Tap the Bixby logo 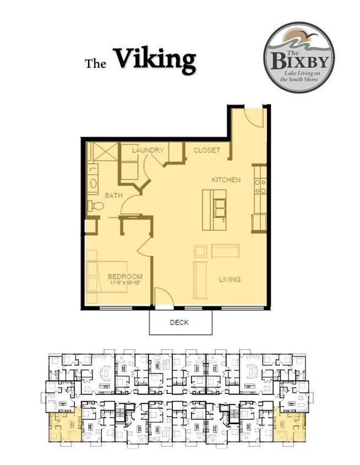click(299, 57)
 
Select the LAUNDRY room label click(148, 150)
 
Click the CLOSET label click(206, 150)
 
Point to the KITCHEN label click(226, 180)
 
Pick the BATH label click(113, 195)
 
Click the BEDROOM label click(125, 277)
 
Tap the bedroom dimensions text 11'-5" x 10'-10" click(125, 283)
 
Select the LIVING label click(230, 279)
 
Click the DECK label click(179, 322)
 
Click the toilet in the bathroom click(96, 206)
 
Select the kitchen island click(214, 210)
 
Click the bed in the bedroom click(107, 277)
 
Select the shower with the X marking click(103, 152)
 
